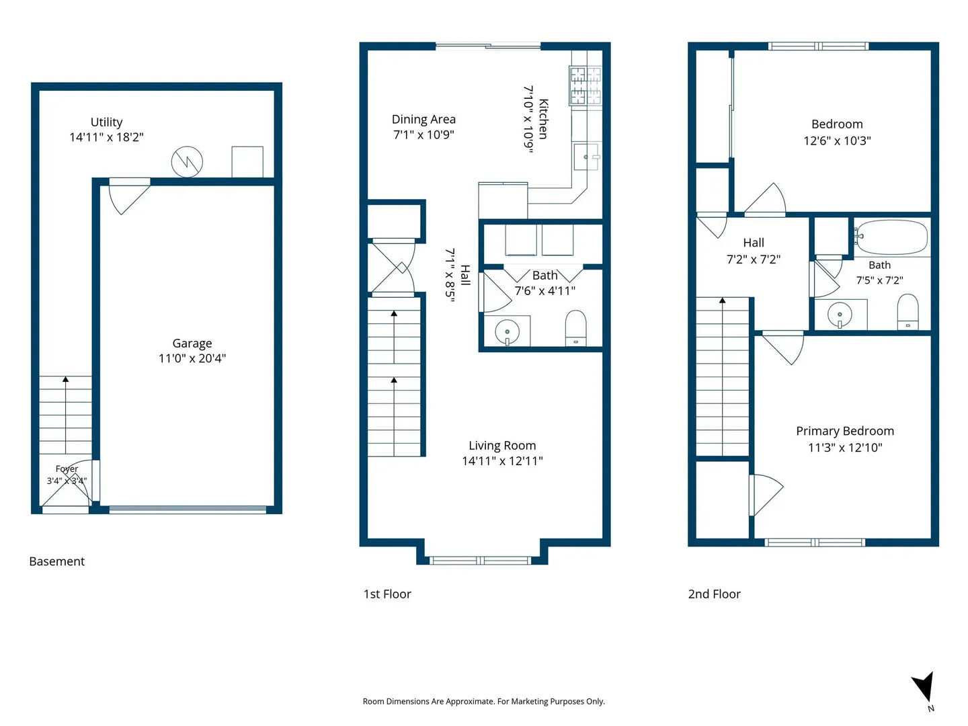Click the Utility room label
coord(106,122)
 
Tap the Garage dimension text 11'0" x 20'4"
coord(192,358)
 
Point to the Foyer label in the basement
coord(67,469)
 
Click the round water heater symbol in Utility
coord(187,162)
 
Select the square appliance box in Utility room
coord(247,162)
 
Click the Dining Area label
coord(424,120)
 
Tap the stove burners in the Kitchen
coord(586,85)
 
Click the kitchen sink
coord(587,157)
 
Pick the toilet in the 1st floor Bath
coord(575,328)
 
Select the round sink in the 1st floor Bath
coord(507,331)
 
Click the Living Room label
coord(502,446)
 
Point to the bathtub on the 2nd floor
coord(891,237)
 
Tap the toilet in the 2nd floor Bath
coord(908,312)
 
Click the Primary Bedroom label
coord(844,431)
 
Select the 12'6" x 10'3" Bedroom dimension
coord(837,141)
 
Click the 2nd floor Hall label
coord(754,243)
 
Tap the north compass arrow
coord(924,688)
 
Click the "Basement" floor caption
coord(57,561)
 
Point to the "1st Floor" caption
coord(387,594)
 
